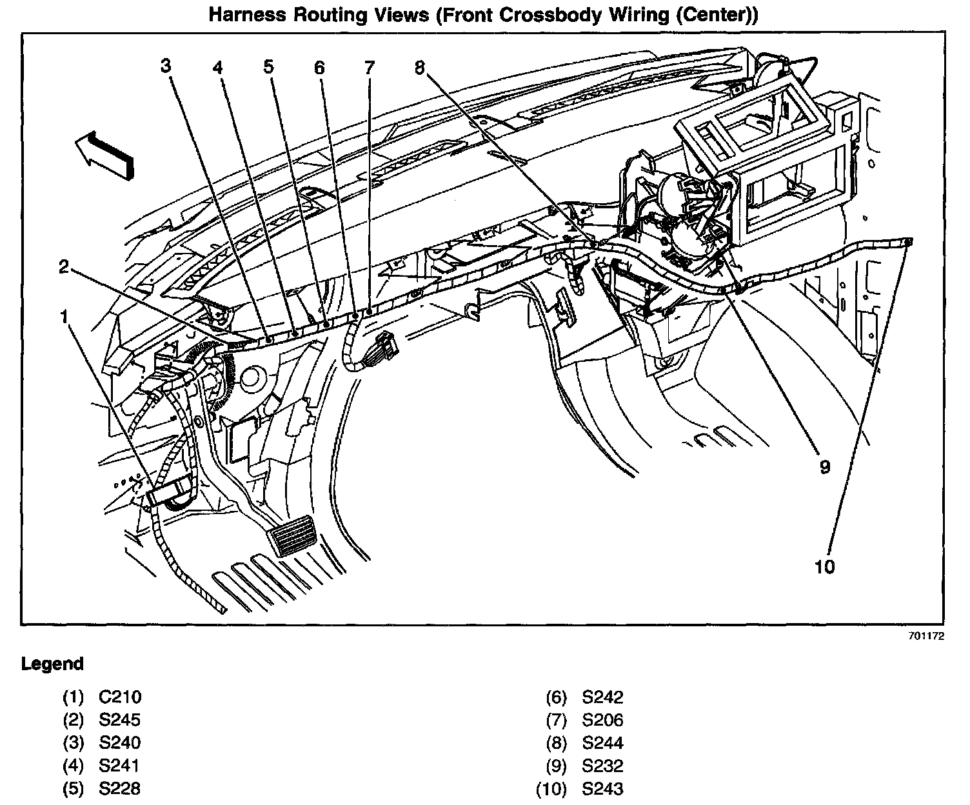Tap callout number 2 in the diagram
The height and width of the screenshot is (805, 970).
[64, 266]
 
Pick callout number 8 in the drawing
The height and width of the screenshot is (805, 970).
[420, 66]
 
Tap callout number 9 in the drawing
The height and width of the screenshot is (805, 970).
[825, 467]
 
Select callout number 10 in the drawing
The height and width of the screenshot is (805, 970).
[825, 566]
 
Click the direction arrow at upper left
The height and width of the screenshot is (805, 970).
[104, 154]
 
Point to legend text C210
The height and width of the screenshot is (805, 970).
[120, 697]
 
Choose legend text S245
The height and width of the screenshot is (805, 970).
[120, 720]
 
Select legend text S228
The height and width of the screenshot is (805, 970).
[120, 788]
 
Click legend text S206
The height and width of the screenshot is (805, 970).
[602, 720]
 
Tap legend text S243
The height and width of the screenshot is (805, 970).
[602, 788]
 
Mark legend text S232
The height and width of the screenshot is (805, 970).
[602, 766]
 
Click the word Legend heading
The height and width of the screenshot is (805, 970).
[53, 664]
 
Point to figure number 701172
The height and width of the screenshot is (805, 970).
[926, 635]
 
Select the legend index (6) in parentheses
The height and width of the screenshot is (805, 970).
[556, 697]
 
